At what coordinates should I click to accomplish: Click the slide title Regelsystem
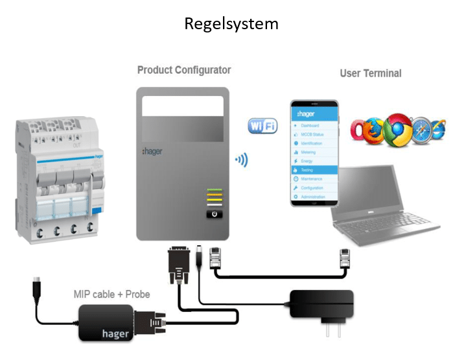point(231,24)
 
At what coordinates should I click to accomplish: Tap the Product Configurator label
point(184,69)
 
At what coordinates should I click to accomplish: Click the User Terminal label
point(370,73)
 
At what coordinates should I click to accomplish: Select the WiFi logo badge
point(262,125)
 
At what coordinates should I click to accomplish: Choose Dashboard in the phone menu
point(312,125)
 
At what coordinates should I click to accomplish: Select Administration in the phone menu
point(315,196)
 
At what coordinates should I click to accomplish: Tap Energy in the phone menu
point(310,160)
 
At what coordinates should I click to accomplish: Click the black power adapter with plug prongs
point(321,305)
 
